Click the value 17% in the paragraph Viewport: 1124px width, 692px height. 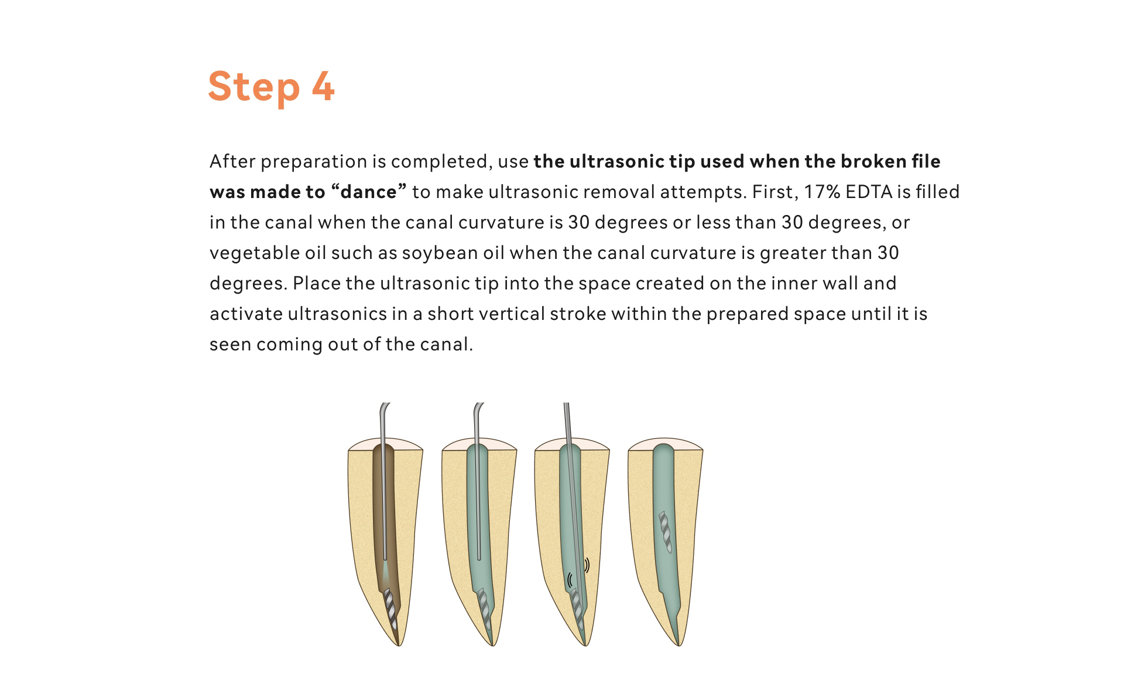[x=822, y=192]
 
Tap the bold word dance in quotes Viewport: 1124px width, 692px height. [x=369, y=192]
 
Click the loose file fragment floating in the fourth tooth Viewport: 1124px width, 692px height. [x=666, y=532]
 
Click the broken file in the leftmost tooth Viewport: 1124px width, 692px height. [x=390, y=609]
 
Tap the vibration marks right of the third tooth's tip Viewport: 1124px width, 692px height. [x=587, y=565]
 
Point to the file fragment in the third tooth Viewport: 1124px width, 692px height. [x=577, y=609]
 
